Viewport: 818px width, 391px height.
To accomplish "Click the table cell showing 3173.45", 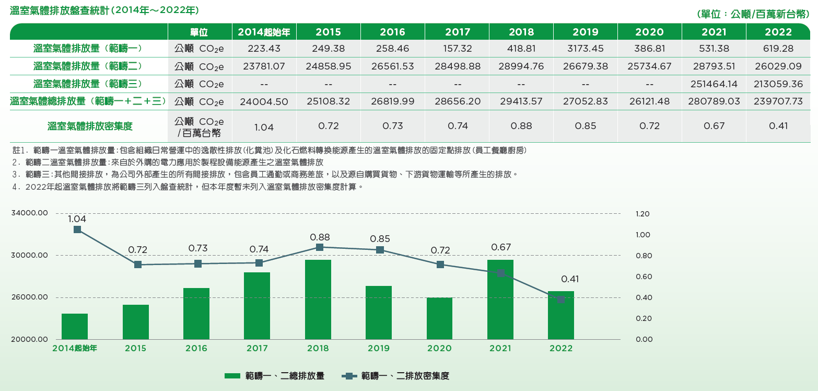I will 585,49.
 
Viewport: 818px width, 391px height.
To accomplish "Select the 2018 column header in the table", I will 521,32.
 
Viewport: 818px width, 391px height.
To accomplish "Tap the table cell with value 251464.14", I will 714,84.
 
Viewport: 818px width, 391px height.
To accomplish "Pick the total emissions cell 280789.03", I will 714,101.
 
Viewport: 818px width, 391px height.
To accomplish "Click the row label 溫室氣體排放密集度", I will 89,126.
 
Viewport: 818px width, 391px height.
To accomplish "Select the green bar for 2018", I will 318,300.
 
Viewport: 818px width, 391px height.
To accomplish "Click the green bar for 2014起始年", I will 75,327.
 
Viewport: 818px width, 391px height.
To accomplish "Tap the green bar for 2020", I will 439,318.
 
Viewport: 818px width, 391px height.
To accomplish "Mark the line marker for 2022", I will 561,300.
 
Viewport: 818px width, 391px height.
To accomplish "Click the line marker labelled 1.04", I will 77,229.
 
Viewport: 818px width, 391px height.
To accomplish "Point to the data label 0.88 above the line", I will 320,237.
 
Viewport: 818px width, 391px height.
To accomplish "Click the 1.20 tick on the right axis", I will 642,214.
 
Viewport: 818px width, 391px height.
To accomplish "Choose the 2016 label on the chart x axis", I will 196,348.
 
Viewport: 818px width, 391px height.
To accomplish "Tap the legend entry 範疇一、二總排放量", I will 274,376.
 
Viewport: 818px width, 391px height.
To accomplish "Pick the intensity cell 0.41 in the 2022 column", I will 778,126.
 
